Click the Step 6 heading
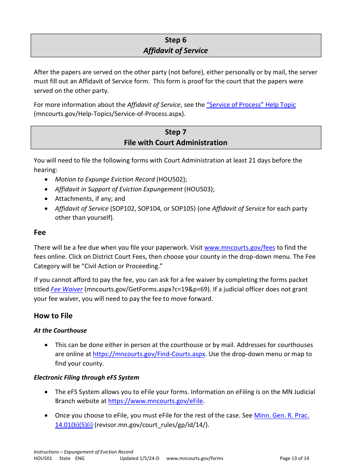(175, 40)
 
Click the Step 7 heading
(175, 132)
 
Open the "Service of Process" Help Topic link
(251, 105)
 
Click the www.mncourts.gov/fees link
(239, 247)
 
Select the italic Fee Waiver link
(67, 289)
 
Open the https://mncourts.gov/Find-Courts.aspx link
(149, 354)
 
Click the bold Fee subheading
(40, 232)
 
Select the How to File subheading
(53, 316)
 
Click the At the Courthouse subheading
(60, 330)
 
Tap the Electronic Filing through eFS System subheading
(86, 377)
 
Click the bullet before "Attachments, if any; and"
(46, 199)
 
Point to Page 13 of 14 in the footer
(294, 458)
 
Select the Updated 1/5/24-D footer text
(139, 458)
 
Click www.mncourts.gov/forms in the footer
(195, 458)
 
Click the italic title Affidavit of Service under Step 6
(175, 50)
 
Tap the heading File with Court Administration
(175, 142)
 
